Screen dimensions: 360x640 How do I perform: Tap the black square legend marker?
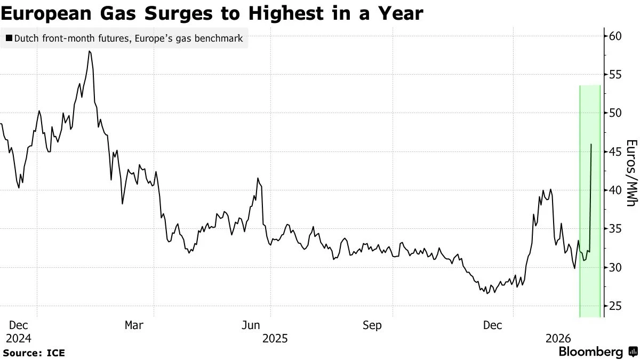[9, 38]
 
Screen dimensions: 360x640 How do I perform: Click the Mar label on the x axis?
[133, 325]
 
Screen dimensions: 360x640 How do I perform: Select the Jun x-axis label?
[251, 325]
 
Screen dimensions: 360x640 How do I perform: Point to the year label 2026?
[557, 339]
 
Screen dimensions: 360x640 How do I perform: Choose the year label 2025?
[275, 339]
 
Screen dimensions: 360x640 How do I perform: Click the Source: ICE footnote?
[34, 353]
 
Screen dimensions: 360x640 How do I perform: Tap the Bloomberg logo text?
[590, 352]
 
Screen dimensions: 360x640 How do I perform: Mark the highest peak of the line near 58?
[90, 51]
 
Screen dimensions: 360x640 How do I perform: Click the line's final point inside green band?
[591, 144]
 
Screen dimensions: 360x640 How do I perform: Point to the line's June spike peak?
[258, 178]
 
